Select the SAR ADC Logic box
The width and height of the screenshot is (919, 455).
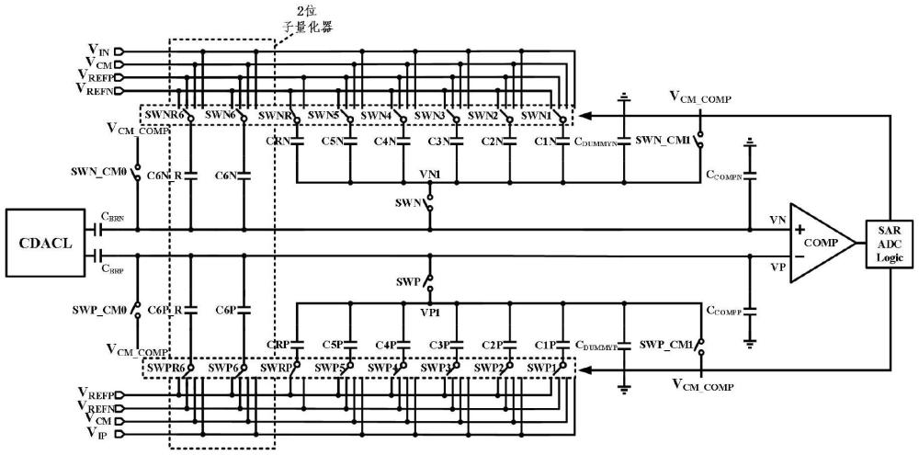tap(890, 243)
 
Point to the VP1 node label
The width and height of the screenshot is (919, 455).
tap(429, 313)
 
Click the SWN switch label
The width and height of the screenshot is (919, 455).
tap(409, 202)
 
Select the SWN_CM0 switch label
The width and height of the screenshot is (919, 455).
tap(98, 172)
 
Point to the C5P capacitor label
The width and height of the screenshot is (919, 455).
tap(335, 345)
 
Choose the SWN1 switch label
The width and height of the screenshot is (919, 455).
tap(537, 117)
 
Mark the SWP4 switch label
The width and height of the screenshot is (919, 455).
tap(383, 369)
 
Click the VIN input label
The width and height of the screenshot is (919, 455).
tap(98, 49)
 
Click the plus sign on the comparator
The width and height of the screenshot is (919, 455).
tap(799, 229)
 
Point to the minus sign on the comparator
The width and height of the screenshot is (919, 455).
tap(799, 257)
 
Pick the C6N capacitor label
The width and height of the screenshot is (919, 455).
tap(226, 175)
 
